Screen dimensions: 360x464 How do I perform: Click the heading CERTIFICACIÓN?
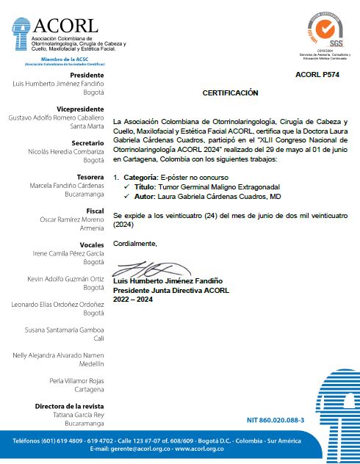[x=231, y=93]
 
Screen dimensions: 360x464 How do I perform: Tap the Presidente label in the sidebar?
[x=87, y=75]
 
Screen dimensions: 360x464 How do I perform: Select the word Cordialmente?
[x=135, y=242]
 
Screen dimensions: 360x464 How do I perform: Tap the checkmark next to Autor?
[x=128, y=197]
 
